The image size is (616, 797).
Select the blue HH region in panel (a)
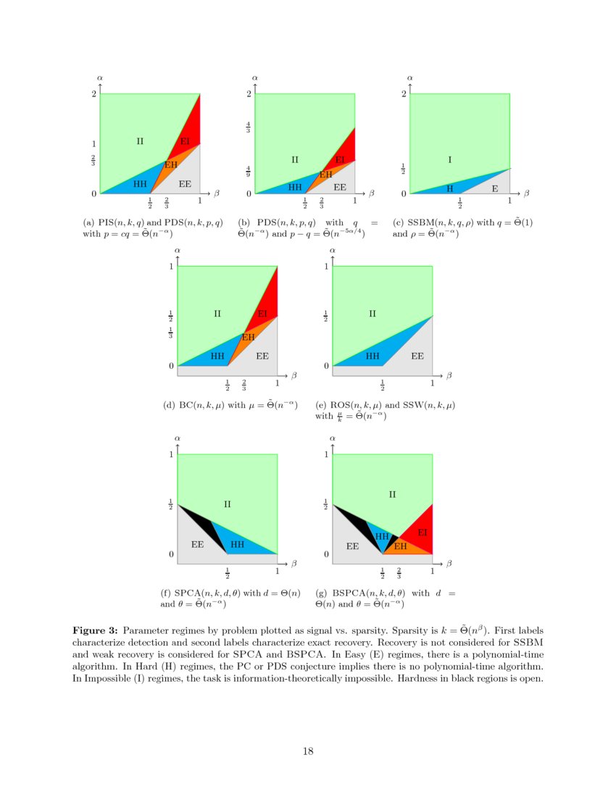(x=140, y=184)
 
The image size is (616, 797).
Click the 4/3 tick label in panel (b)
(x=248, y=128)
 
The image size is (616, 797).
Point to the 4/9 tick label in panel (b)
(x=248, y=172)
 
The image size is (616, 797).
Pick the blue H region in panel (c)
(x=449, y=188)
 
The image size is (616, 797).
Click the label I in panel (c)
(x=449, y=159)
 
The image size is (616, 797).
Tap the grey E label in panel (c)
(x=495, y=188)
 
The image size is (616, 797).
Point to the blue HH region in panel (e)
(x=372, y=356)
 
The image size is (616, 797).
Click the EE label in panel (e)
(x=417, y=356)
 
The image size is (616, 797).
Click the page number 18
(x=308, y=751)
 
